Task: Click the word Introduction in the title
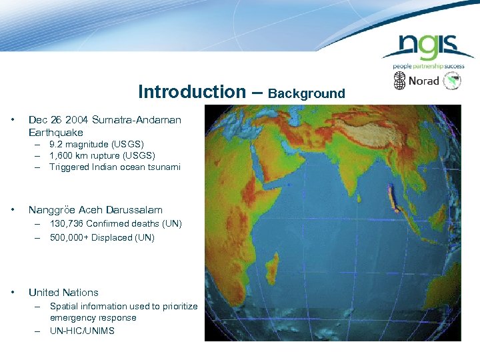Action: tap(192, 92)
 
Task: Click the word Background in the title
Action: tap(307, 93)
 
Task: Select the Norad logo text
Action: tap(423, 81)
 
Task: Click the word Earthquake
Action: tap(56, 133)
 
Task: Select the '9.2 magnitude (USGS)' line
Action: tap(97, 144)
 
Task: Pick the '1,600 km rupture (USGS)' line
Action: tap(102, 155)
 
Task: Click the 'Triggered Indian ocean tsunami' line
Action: tap(115, 167)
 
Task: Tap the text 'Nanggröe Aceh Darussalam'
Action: tap(95, 210)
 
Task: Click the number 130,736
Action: tap(69, 224)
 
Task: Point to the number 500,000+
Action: tap(69, 237)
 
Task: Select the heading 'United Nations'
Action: tap(63, 293)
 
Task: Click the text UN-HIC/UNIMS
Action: tap(82, 331)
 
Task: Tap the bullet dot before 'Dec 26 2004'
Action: tap(13, 120)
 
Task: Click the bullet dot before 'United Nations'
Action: tap(13, 293)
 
